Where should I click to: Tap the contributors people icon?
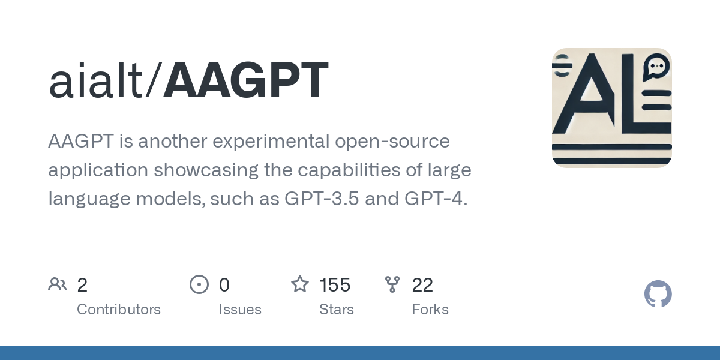[x=58, y=284]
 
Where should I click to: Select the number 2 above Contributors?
[x=82, y=285]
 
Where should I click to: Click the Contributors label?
[x=119, y=310]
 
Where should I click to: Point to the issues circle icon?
[x=199, y=284]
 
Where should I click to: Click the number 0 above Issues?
[x=224, y=285]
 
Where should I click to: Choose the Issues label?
[x=239, y=310]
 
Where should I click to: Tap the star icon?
[x=300, y=284]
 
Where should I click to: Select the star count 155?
[x=335, y=285]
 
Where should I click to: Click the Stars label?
[x=336, y=310]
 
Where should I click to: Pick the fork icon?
[x=392, y=284]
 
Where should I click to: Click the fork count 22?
[x=422, y=285]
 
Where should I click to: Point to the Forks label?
[x=430, y=310]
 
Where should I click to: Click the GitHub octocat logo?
[x=658, y=294]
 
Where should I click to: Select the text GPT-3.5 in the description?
[x=321, y=198]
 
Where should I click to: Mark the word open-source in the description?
[x=394, y=142]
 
